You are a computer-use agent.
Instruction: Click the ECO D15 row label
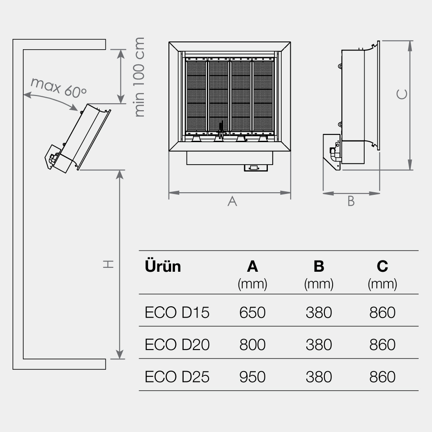[177, 312]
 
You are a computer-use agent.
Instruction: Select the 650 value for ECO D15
[252, 312]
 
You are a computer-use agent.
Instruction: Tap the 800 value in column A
[252, 345]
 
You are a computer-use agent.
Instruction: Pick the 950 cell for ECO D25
[252, 377]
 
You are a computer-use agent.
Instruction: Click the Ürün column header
[163, 266]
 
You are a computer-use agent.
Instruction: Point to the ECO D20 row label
[177, 345]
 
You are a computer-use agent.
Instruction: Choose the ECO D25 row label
[177, 377]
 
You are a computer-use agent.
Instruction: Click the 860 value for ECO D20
[382, 345]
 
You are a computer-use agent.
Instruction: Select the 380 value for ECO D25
[319, 377]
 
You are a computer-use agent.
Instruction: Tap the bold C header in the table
[382, 267]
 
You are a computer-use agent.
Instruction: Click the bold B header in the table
[319, 267]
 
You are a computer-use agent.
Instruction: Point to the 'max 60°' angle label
[58, 87]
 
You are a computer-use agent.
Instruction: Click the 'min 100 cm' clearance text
[139, 77]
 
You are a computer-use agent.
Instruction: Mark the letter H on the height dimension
[108, 264]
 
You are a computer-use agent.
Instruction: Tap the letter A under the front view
[232, 201]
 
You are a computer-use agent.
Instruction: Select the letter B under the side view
[351, 201]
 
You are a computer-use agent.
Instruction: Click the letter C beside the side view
[402, 94]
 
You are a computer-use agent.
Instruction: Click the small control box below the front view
[256, 168]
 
